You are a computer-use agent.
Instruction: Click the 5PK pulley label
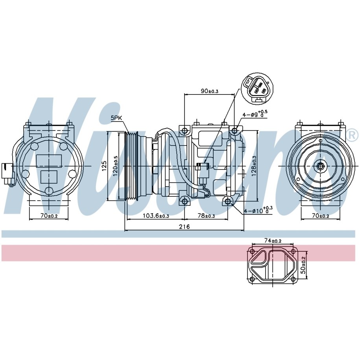click(116, 118)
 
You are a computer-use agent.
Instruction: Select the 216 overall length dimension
click(185, 227)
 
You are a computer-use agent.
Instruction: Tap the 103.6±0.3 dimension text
click(156, 216)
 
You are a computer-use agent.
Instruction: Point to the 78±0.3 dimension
click(206, 216)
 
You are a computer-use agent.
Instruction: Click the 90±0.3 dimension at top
click(209, 91)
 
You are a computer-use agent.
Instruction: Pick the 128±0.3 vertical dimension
click(254, 166)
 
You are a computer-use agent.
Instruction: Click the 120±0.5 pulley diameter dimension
click(115, 166)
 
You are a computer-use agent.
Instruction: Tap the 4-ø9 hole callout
click(255, 114)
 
